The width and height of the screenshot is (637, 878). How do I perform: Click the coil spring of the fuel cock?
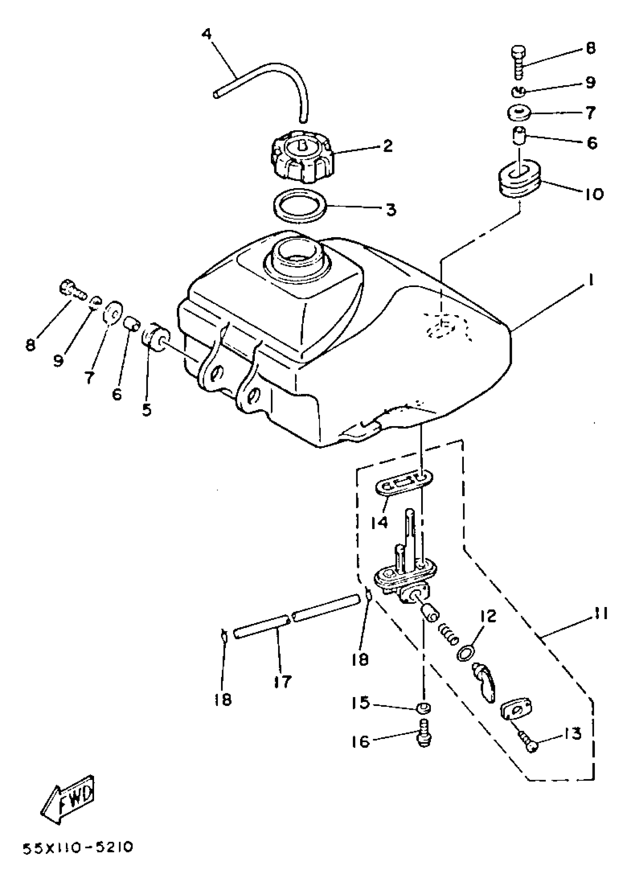(448, 635)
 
